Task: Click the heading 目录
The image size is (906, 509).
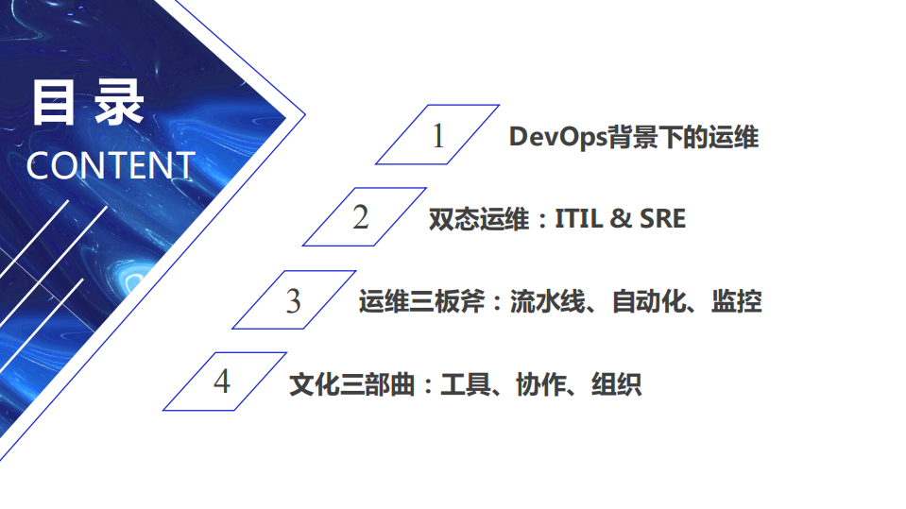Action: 87,103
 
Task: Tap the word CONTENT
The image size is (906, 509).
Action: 110,165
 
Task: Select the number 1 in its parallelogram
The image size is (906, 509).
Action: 437,136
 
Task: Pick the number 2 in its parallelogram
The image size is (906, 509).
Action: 361,217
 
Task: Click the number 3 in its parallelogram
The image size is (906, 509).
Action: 293,301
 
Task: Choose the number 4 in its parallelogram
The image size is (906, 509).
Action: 221,382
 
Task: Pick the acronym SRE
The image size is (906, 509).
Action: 662,219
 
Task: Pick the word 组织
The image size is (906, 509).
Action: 616,384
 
